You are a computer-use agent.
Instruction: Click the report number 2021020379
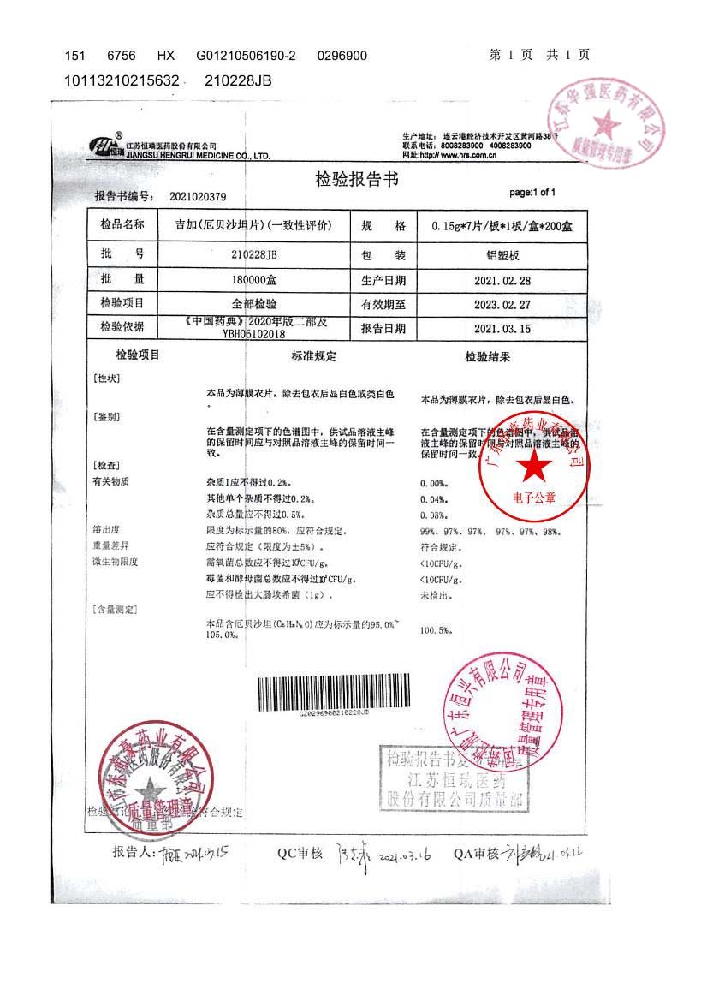click(x=198, y=197)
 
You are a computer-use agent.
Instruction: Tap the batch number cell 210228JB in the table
click(x=254, y=254)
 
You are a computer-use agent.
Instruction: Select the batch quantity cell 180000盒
click(x=254, y=279)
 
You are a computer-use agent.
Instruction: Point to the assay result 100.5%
click(x=435, y=630)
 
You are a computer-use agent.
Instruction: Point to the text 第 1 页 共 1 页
click(x=539, y=55)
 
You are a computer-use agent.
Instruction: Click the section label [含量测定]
click(x=115, y=610)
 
